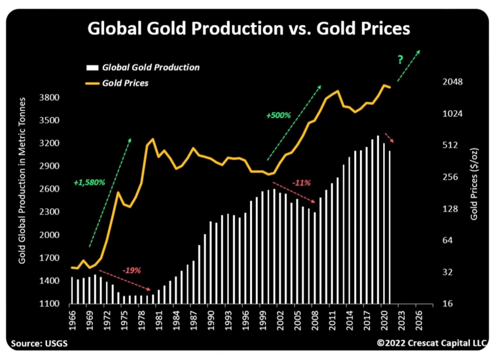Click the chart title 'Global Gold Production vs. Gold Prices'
(x=248, y=29)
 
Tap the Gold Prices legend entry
(x=125, y=82)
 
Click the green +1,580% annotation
(x=89, y=182)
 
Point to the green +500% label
(x=278, y=116)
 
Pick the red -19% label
(x=131, y=270)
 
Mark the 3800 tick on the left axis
(x=52, y=97)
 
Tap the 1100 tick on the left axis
(x=52, y=304)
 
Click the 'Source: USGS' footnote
(x=37, y=343)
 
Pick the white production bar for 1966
(x=72, y=291)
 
